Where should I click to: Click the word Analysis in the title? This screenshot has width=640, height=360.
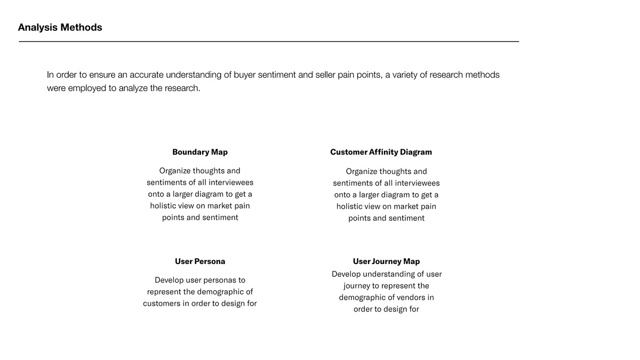click(x=37, y=27)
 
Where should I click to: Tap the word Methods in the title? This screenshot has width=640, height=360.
click(x=81, y=27)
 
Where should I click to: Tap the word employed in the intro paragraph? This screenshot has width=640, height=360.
click(x=87, y=88)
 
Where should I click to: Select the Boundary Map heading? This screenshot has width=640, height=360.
click(x=200, y=152)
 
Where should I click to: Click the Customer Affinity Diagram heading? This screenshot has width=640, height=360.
click(x=381, y=152)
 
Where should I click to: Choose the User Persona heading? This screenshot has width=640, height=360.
click(x=200, y=261)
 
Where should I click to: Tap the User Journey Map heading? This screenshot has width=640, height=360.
click(x=386, y=261)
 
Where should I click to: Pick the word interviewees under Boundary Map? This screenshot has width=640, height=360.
click(x=226, y=182)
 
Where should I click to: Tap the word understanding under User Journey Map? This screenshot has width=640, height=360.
click(x=387, y=274)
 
